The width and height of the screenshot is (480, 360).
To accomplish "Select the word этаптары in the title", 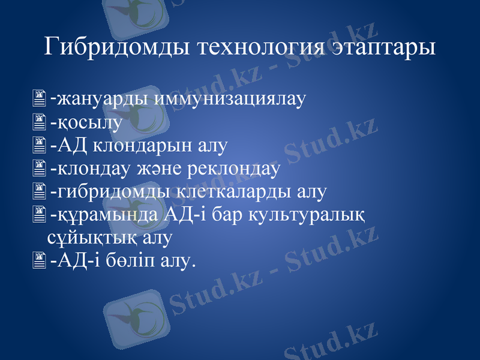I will tap(385, 47).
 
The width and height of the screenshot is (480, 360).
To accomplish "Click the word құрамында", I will tap(105, 215).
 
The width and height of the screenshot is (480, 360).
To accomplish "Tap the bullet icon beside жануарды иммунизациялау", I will tap(40, 97).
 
